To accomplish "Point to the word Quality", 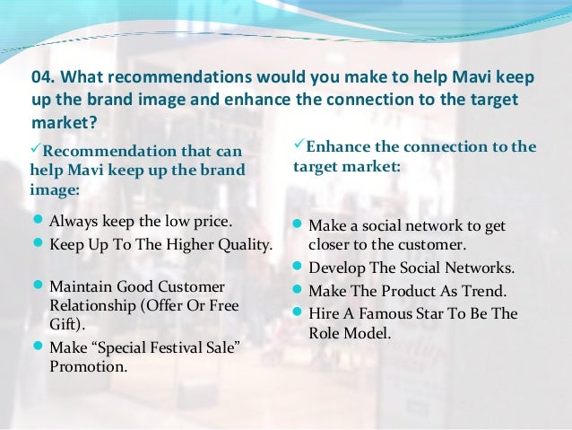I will click(x=241, y=243).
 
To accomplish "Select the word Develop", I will click(x=336, y=268).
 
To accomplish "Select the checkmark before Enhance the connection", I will click(x=299, y=145).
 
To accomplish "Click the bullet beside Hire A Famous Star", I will click(x=299, y=313).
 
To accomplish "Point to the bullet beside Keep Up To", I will click(x=38, y=243).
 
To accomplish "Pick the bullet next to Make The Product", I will click(x=299, y=291).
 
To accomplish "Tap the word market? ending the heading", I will click(x=64, y=121).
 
